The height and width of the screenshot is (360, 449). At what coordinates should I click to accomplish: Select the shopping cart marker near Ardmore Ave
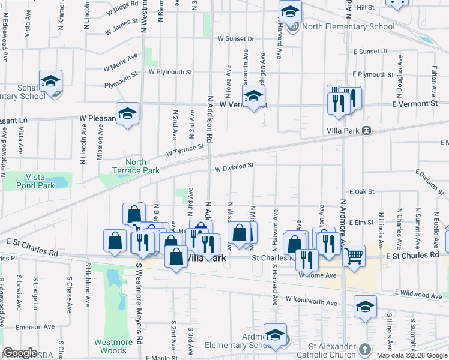(354, 256)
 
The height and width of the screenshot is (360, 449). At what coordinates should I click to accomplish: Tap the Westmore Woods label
(113, 346)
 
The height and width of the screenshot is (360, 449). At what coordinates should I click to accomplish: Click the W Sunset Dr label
(236, 38)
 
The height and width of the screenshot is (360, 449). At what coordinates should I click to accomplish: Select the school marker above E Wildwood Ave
(365, 307)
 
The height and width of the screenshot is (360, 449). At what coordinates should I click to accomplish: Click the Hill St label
(365, 7)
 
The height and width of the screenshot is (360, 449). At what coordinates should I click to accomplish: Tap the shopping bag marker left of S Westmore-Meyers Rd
(115, 241)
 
